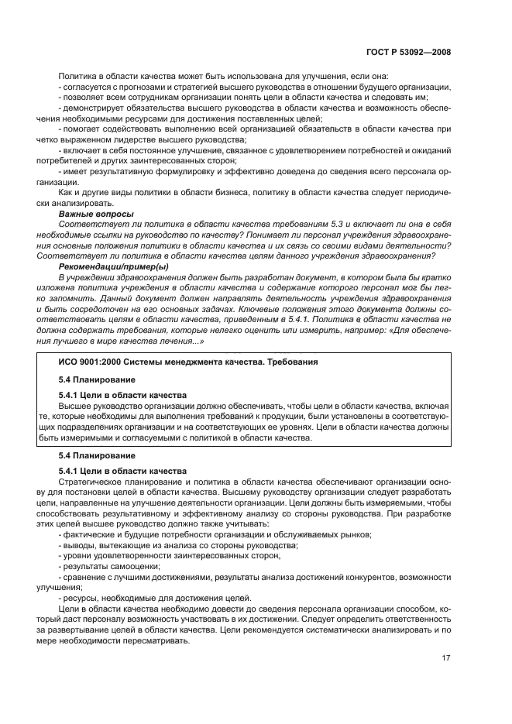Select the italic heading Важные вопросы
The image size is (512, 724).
pos(97,214)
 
